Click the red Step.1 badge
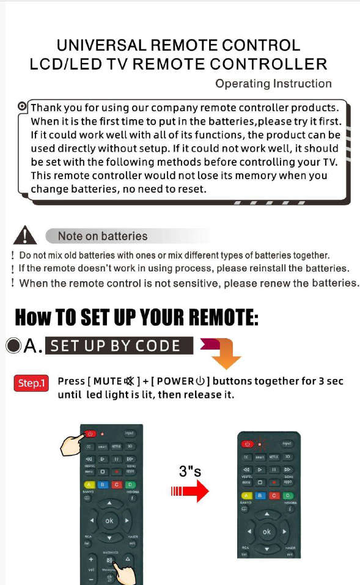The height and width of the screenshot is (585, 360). [x=31, y=383]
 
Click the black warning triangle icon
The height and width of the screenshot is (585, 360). [x=24, y=235]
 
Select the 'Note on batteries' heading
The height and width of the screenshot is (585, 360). [x=103, y=236]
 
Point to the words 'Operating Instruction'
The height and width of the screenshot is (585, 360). [x=273, y=84]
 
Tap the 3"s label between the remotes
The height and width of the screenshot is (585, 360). [x=191, y=471]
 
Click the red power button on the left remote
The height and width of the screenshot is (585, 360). [x=90, y=433]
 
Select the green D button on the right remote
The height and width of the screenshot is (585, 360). [x=288, y=495]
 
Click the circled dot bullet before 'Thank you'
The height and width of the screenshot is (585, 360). [x=23, y=107]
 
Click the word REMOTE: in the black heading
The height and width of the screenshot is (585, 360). [x=216, y=318]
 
